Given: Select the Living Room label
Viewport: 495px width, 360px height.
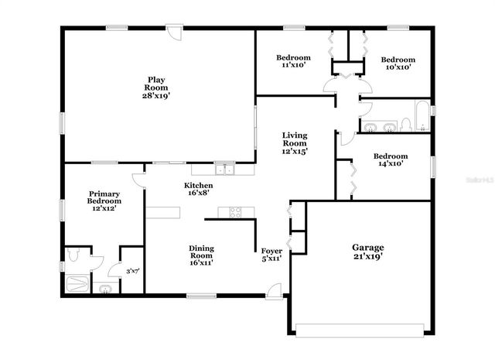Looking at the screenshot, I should (295, 143).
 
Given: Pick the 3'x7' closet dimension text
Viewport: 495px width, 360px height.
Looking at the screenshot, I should (131, 271).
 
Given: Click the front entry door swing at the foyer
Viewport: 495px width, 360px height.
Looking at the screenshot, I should (272, 290).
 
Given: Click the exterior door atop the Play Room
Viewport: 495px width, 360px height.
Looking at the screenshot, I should (177, 35).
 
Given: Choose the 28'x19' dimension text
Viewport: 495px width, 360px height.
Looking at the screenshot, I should (155, 96).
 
